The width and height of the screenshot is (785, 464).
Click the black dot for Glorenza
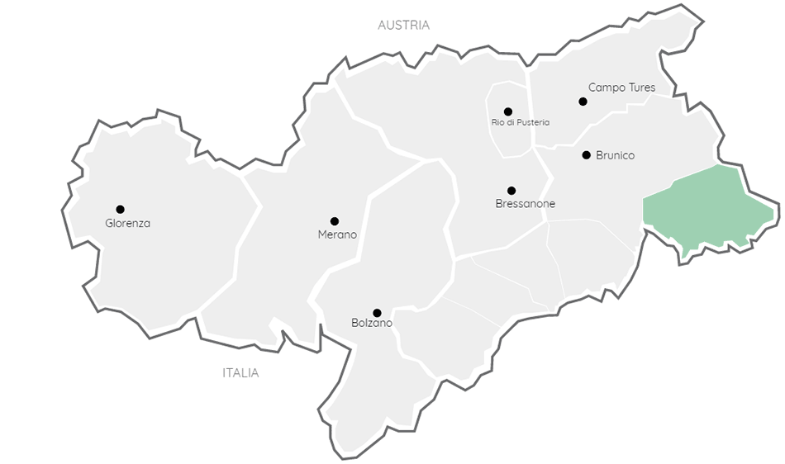point(120,209)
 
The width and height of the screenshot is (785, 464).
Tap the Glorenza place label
point(128,223)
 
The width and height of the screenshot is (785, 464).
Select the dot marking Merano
point(335,221)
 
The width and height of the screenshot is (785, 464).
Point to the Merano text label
point(337,234)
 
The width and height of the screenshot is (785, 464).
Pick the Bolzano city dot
point(377,313)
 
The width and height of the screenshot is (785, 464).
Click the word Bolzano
point(371,323)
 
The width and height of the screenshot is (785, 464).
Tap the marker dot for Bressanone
point(511,191)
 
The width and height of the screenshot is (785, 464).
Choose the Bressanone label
point(526,204)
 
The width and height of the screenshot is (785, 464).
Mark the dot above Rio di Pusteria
point(507,111)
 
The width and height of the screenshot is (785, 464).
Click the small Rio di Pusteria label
point(521,123)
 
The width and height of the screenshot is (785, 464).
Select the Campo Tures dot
point(583,102)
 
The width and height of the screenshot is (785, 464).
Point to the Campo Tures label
point(621,87)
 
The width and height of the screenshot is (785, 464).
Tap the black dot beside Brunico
point(586,154)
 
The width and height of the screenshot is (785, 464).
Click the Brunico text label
point(615,155)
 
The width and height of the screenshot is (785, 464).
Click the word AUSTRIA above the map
point(403,26)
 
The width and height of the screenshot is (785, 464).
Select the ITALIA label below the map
point(240,373)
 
